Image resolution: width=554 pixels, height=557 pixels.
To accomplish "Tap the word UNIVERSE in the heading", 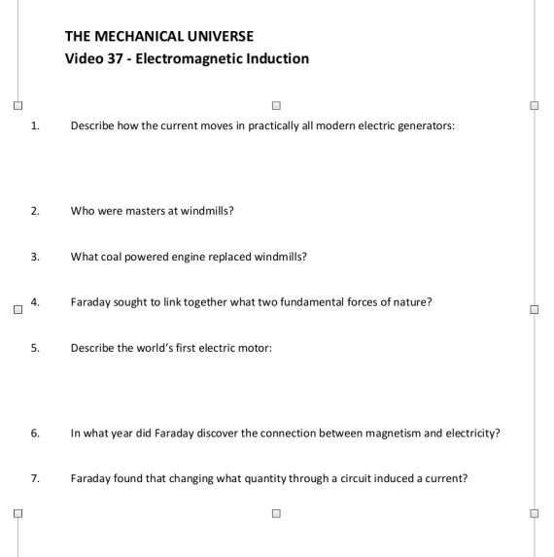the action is tap(220, 36).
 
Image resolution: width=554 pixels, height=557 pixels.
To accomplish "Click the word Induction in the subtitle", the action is tap(276, 58).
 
